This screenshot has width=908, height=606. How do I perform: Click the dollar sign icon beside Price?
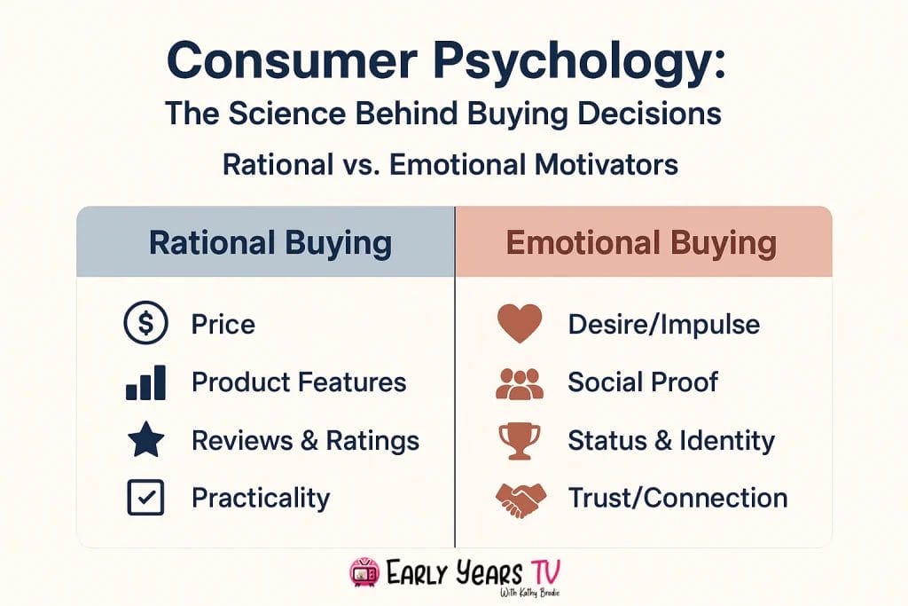pos(145,325)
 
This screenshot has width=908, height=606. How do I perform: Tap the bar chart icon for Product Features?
pos(145,382)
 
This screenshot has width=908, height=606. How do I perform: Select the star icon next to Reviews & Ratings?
pos(145,440)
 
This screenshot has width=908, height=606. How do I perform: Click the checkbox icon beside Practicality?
pos(145,498)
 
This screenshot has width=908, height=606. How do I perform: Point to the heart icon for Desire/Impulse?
pos(519,325)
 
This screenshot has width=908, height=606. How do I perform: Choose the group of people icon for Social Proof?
pos(519,382)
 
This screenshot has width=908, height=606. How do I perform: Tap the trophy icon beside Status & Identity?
pos(519,440)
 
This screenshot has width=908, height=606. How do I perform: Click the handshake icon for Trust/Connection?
pos(519,498)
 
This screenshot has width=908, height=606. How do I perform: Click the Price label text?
pos(223,325)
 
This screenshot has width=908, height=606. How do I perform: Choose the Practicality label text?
pos(260,498)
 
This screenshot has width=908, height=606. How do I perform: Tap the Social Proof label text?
pos(642,382)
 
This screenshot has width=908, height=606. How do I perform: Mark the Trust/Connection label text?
pos(677,498)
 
